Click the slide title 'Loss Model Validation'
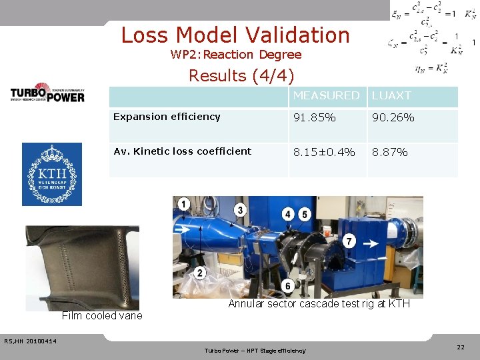(235, 35)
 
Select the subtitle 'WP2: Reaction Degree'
(235, 55)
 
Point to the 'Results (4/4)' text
(241, 75)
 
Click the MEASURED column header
(326, 96)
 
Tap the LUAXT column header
(391, 96)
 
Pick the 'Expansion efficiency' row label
(167, 117)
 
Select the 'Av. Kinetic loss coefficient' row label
(182, 151)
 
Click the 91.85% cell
(315, 117)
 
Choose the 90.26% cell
(393, 117)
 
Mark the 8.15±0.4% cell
(324, 152)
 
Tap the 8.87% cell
(389, 152)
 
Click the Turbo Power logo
(47, 93)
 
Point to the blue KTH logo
(52, 174)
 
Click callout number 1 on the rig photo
(183, 203)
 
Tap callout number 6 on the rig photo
(288, 286)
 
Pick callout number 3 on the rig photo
(240, 211)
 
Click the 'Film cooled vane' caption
(102, 316)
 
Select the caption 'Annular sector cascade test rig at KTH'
(319, 304)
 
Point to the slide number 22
(461, 347)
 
